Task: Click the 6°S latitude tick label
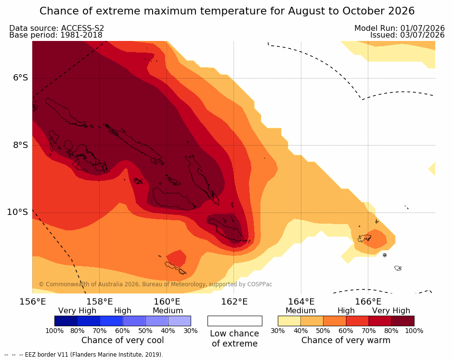click(20, 78)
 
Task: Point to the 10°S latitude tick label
click(18, 212)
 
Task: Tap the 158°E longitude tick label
click(100, 302)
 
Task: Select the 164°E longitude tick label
click(301, 302)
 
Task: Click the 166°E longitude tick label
click(368, 302)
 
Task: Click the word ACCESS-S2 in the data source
click(82, 28)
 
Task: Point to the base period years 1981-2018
click(81, 35)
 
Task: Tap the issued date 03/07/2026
click(422, 35)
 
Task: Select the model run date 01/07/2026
click(422, 28)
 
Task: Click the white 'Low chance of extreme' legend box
click(235, 321)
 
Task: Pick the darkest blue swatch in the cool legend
click(66, 321)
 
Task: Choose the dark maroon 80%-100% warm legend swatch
click(403, 321)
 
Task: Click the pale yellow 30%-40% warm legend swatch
click(289, 321)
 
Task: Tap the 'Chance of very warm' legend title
click(346, 340)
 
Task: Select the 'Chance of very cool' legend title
click(122, 340)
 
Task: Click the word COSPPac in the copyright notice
click(259, 284)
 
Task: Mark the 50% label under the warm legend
click(323, 331)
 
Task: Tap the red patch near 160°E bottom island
click(177, 258)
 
